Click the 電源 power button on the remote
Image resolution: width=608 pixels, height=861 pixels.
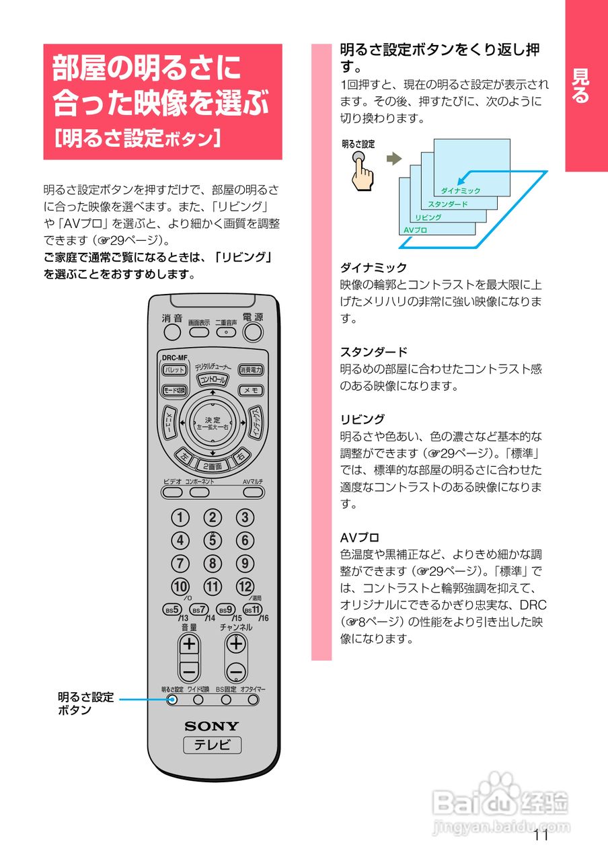coord(253,331)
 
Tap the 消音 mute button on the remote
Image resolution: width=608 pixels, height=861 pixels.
coord(172,332)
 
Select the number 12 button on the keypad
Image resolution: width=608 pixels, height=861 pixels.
coord(245,587)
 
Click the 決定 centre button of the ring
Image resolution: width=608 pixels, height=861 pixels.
coord(213,424)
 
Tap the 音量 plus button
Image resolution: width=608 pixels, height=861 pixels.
coord(190,644)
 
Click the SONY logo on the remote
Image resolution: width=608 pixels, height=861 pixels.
coord(212,726)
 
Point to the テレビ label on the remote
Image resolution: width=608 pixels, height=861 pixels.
coord(212,745)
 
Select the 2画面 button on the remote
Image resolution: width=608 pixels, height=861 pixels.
coord(212,465)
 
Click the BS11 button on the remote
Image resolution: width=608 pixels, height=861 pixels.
coord(252,609)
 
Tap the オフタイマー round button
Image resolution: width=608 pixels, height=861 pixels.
coord(253,700)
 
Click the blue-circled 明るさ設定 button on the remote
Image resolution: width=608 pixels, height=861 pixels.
coord(172,700)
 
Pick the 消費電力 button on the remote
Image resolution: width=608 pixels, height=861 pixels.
coord(251,370)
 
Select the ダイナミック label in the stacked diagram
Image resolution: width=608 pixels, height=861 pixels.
coord(461,191)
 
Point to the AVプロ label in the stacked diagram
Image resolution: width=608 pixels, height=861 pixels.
coord(416,230)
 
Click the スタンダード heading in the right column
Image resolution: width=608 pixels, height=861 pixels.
coord(374,352)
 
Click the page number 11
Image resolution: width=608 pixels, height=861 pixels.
coord(541,836)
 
